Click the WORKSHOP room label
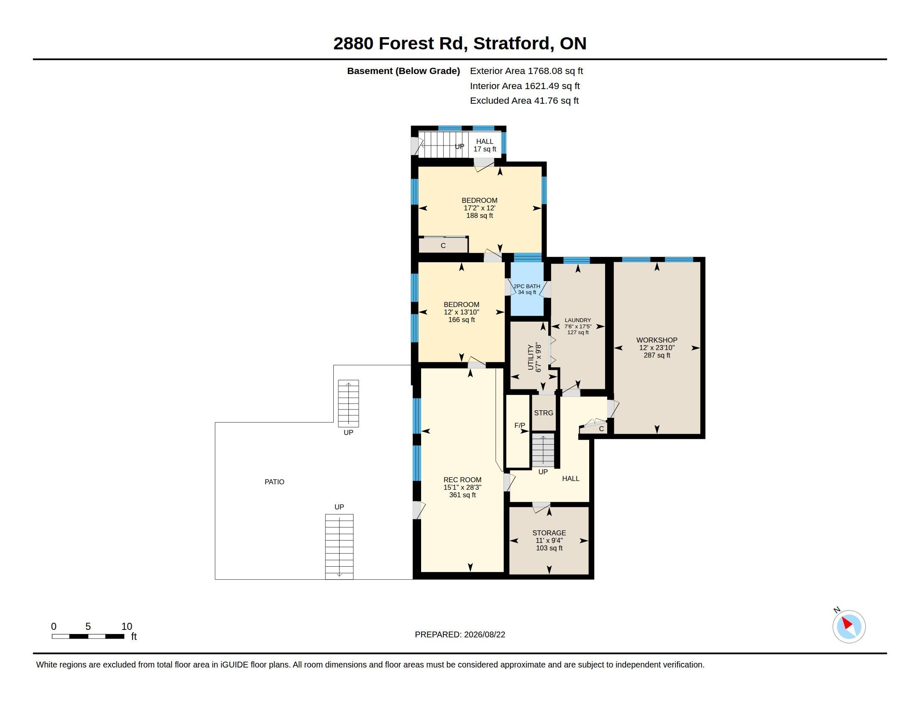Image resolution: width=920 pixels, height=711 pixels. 657,340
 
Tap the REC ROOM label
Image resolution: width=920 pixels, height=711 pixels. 462,480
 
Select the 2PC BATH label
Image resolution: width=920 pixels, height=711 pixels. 526,286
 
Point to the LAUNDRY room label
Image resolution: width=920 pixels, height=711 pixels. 578,320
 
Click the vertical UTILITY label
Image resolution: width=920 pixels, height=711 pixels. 531,357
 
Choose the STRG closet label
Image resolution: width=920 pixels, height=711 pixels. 543,413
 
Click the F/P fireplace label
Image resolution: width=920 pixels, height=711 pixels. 519,425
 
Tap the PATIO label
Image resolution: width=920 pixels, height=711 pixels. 274,482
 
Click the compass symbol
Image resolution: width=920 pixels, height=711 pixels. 848,627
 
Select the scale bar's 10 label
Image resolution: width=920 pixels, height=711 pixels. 127,627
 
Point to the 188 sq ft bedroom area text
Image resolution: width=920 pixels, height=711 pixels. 479,216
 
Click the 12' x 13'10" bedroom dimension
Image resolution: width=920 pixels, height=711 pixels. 461,312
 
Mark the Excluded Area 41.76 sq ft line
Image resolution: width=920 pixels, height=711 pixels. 524,101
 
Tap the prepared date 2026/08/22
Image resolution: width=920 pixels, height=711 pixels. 484,635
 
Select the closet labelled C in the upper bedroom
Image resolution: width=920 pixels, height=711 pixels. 443,246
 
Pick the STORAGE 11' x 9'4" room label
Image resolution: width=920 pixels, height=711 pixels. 549,540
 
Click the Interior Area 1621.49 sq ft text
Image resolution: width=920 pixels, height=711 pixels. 524,86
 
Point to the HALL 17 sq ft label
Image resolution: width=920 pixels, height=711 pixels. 484,145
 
